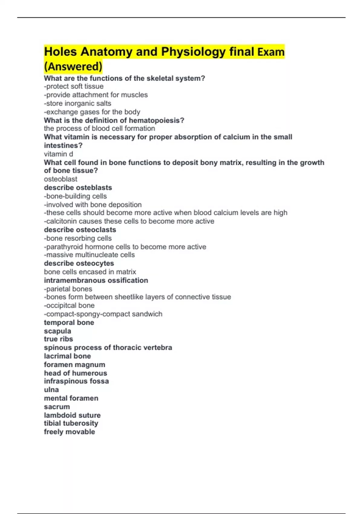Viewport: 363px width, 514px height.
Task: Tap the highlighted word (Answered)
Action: click(73, 67)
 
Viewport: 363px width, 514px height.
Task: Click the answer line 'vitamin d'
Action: click(58, 154)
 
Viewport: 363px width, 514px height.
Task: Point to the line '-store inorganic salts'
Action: click(77, 103)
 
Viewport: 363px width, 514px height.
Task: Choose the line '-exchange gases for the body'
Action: click(92, 112)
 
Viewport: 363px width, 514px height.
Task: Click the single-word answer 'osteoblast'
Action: click(60, 179)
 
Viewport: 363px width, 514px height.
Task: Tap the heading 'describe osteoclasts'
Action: click(80, 230)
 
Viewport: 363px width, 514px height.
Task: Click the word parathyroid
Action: click(64, 247)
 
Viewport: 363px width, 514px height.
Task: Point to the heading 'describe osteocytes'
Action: click(79, 263)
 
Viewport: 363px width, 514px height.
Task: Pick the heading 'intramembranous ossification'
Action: click(96, 280)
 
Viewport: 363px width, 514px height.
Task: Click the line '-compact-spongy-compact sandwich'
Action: click(103, 314)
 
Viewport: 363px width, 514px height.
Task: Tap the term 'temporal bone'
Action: click(69, 323)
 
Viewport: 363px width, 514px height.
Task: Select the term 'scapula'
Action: click(57, 331)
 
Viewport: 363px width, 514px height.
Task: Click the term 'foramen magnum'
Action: click(74, 365)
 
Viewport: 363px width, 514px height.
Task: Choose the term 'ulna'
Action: click(51, 390)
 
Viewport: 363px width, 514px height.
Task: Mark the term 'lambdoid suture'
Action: click(72, 415)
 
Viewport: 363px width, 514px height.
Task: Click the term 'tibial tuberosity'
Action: click(71, 423)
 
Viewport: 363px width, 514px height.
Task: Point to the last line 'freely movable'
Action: click(69, 432)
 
